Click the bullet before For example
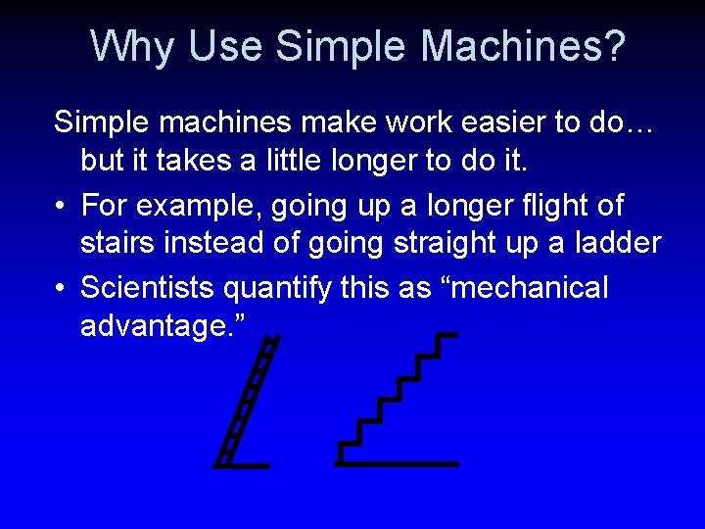(61, 207)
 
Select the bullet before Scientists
(61, 289)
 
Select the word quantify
(286, 288)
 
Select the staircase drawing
(397, 402)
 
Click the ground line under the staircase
(397, 462)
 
